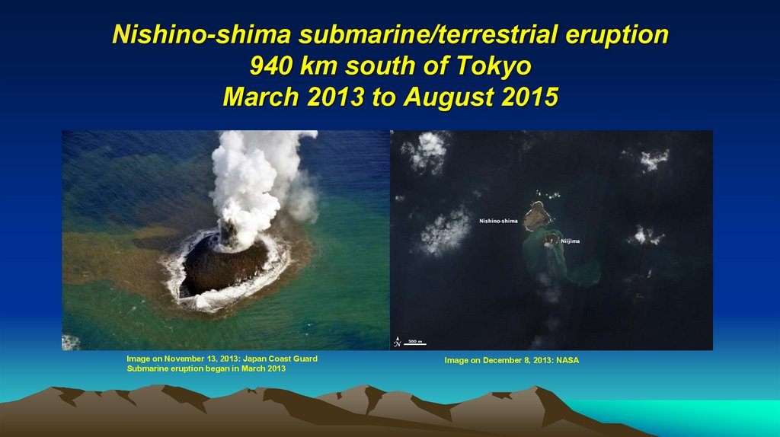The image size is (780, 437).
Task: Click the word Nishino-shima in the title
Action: click(x=203, y=34)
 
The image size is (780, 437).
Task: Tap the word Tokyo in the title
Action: click(x=493, y=66)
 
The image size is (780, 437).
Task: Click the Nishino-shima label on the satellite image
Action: click(x=498, y=221)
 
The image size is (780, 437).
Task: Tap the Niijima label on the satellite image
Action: click(x=571, y=241)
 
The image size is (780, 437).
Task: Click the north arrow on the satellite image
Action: click(x=398, y=342)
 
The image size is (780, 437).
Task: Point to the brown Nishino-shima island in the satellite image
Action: click(x=536, y=215)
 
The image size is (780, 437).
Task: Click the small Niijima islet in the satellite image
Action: click(x=551, y=240)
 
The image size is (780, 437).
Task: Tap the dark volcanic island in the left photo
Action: click(x=225, y=266)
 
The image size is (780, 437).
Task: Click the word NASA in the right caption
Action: click(x=567, y=360)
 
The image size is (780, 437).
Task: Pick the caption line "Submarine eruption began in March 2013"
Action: click(x=206, y=368)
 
